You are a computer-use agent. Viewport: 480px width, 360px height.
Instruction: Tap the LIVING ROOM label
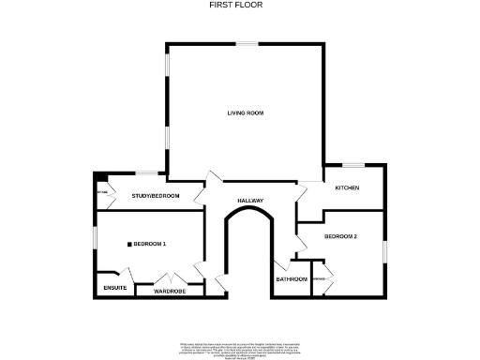tap(245, 113)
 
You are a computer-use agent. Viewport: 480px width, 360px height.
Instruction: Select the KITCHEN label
tap(347, 188)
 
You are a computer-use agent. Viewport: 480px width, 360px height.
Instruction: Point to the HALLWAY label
tap(249, 201)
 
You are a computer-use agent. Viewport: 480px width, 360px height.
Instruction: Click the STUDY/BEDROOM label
tap(156, 196)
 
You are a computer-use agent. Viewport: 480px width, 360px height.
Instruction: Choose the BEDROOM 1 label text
tap(149, 245)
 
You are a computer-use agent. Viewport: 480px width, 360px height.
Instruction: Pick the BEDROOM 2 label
tap(340, 236)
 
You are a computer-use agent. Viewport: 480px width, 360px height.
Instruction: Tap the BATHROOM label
tap(292, 279)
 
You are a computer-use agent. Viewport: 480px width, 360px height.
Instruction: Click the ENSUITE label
tap(115, 288)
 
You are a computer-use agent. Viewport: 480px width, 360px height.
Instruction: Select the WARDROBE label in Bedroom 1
tap(170, 292)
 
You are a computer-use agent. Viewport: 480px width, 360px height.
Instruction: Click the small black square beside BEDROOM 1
tap(129, 245)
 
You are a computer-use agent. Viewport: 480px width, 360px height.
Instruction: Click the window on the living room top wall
tap(247, 42)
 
